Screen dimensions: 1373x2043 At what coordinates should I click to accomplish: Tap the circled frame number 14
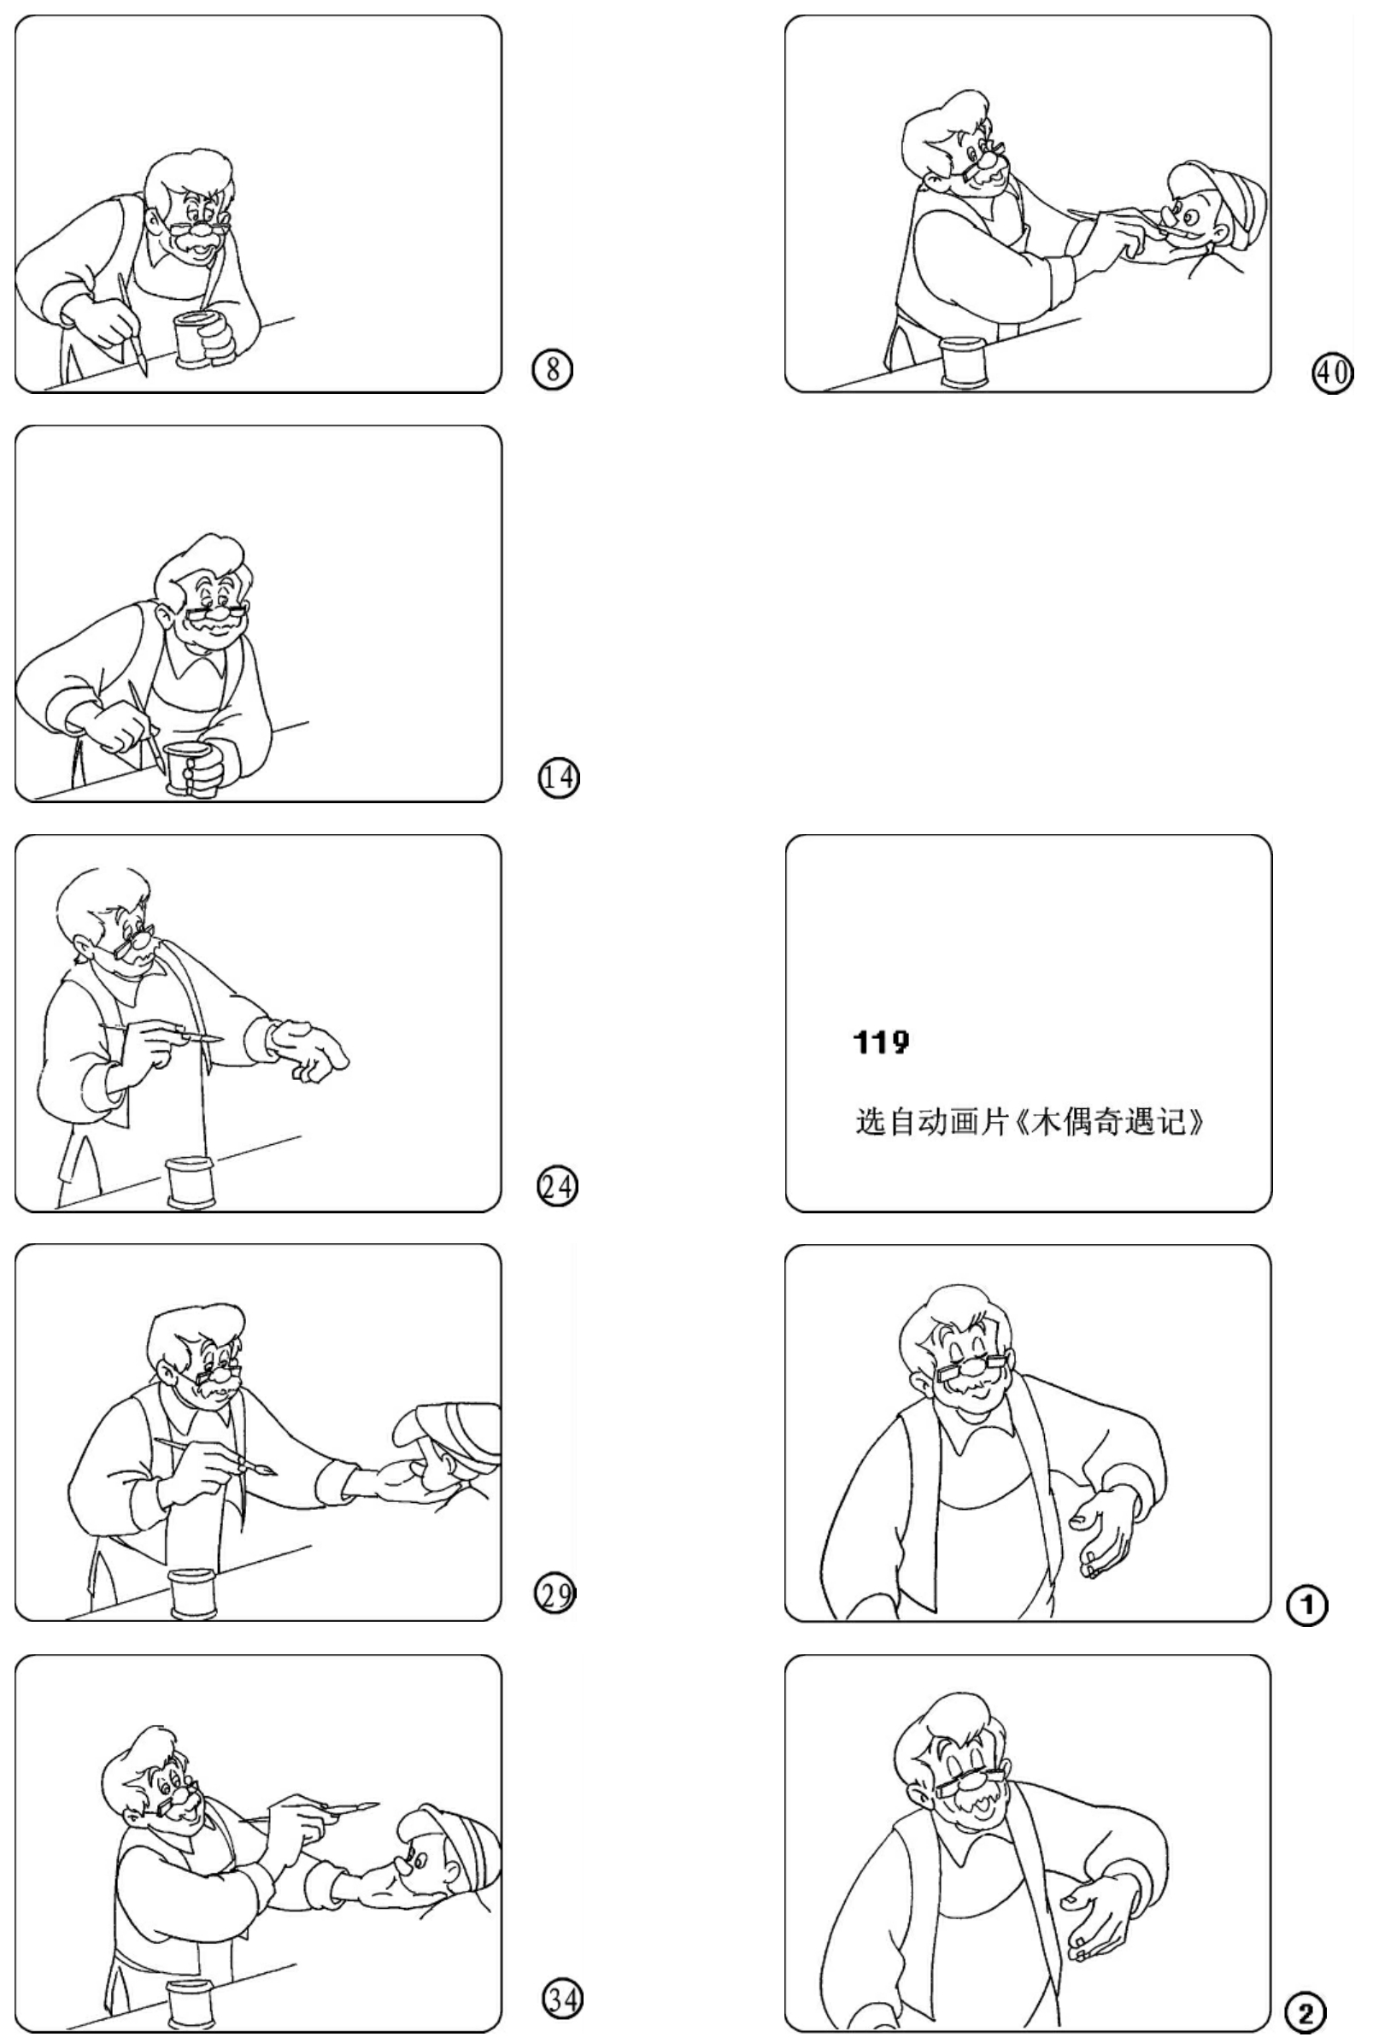click(558, 778)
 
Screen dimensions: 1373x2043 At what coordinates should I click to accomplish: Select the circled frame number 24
click(557, 1188)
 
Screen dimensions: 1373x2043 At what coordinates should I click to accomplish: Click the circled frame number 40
click(1331, 373)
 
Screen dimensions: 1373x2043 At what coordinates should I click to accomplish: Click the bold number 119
click(881, 1042)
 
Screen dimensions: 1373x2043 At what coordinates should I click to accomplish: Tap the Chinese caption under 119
click(1029, 1122)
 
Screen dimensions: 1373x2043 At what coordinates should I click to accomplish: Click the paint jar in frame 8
click(198, 340)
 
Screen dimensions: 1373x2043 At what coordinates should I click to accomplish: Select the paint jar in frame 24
click(191, 1183)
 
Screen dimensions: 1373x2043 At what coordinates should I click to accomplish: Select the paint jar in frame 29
click(193, 1593)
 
